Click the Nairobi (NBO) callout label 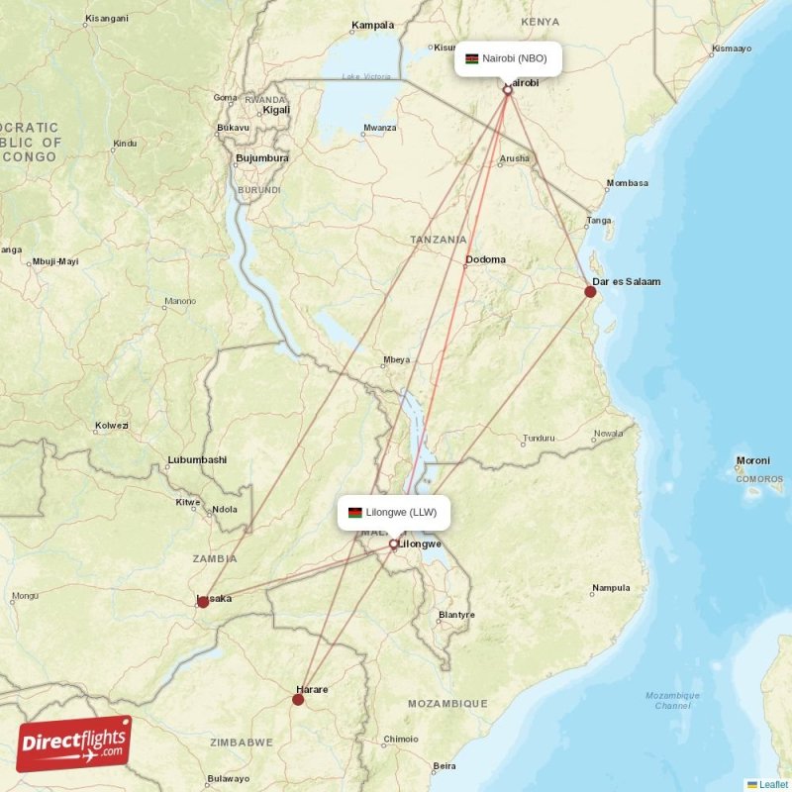(x=508, y=58)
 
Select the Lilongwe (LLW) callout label (x=394, y=513)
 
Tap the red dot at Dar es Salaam (x=590, y=292)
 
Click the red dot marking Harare (x=298, y=700)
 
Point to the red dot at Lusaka (x=203, y=601)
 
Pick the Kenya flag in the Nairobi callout (x=472, y=58)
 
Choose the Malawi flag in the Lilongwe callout (x=354, y=513)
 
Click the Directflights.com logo (x=73, y=743)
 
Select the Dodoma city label (x=485, y=260)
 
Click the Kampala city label (x=373, y=25)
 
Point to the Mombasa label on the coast (x=627, y=183)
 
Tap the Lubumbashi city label (x=197, y=459)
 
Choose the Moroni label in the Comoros (x=753, y=461)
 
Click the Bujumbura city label (x=262, y=158)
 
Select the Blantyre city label (x=456, y=615)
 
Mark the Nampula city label (x=610, y=588)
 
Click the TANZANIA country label (x=439, y=240)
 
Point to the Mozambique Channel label (x=672, y=701)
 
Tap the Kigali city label (x=276, y=110)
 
